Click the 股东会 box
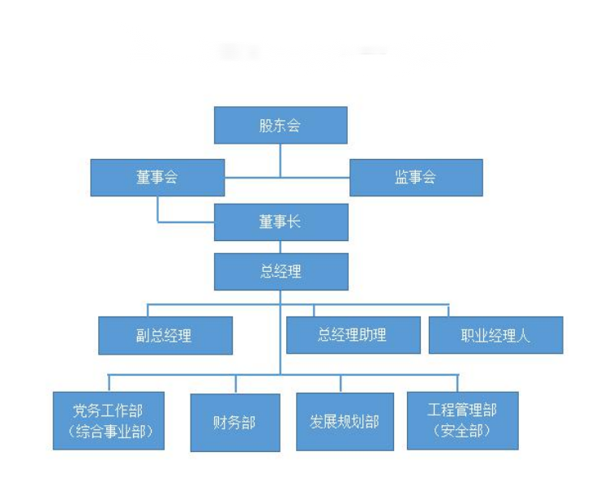(281, 126)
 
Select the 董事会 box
(157, 178)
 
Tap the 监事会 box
(416, 178)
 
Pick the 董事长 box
(281, 222)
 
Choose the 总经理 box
(281, 272)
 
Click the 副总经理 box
(165, 335)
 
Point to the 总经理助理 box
(353, 335)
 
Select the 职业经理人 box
(495, 335)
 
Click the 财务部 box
(235, 422)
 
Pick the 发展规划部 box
(345, 422)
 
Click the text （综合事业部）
(109, 432)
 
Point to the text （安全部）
(462, 432)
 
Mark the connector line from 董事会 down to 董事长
(158, 209)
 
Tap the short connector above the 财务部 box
(236, 384)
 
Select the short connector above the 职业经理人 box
(449, 311)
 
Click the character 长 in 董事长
(294, 222)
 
